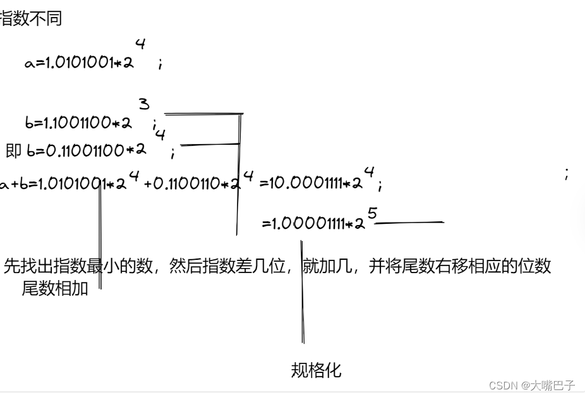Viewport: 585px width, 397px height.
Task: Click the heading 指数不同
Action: point(30,18)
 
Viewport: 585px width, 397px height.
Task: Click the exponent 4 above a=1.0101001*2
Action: point(140,45)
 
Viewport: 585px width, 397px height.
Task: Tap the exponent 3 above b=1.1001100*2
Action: point(145,104)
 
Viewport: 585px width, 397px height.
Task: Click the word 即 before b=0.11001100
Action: point(13,150)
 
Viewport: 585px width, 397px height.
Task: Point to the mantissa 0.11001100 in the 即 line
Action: point(81,150)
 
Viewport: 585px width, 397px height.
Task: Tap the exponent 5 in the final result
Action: point(372,214)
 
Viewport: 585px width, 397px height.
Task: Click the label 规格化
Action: point(316,370)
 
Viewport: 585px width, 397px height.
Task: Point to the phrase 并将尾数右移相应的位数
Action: point(460,266)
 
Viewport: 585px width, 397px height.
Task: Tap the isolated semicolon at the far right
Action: point(567,174)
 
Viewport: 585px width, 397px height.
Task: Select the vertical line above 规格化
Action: point(303,291)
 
